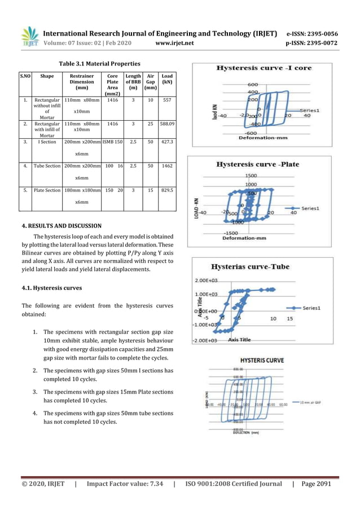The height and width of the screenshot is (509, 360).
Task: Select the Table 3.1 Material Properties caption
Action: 100,63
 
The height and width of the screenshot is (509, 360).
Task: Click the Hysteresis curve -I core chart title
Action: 264,68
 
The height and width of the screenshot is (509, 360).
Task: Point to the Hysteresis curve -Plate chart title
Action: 259,164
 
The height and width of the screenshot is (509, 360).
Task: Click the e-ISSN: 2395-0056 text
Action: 312,33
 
